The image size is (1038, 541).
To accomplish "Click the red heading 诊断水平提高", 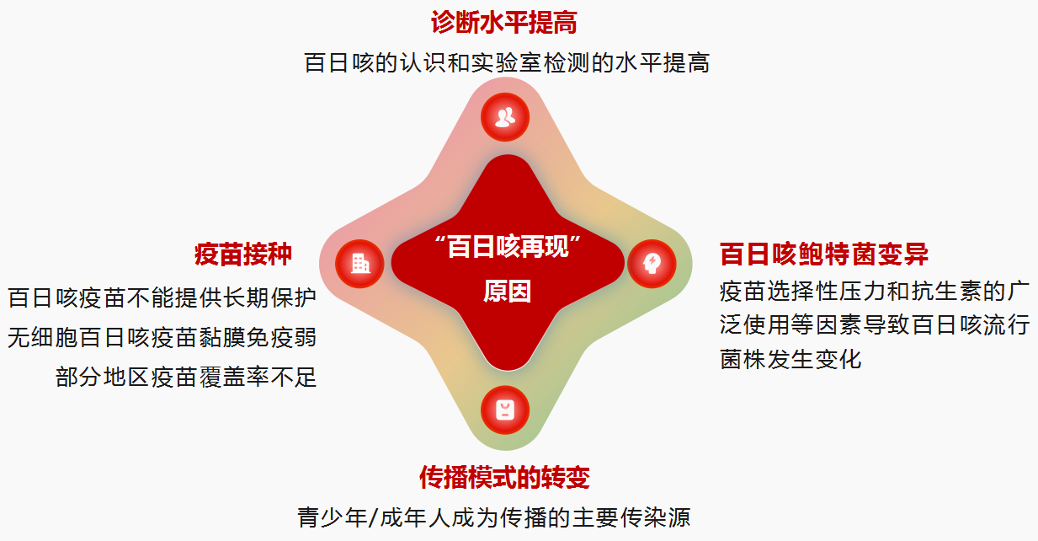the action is tap(504, 22).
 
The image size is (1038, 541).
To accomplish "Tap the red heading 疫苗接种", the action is tap(242, 254).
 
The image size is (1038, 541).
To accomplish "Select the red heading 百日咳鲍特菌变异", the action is tap(824, 254).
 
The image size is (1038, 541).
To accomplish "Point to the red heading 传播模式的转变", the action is tap(504, 478).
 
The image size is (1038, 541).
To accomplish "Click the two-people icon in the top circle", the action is tap(505, 117).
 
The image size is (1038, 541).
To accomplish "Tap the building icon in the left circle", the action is tap(360, 264).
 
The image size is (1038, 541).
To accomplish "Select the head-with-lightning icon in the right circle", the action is tap(652, 264).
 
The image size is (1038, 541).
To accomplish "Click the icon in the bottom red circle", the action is tap(505, 410).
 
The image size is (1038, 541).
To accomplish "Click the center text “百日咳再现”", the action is tap(508, 246).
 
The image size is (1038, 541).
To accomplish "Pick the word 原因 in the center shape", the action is tap(507, 292).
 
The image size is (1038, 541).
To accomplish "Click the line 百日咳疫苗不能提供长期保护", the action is tap(162, 297).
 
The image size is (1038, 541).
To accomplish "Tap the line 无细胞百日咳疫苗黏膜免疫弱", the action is tap(162, 337).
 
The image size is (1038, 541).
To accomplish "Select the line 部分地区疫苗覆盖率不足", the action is tap(186, 377).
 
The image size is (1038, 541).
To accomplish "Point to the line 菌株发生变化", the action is tap(790, 359).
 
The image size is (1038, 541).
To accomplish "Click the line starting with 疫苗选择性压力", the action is tap(874, 292).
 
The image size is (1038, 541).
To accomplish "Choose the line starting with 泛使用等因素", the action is tap(875, 324).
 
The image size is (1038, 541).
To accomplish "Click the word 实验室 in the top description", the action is tap(508, 62).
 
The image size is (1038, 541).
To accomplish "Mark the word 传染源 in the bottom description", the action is tap(655, 517).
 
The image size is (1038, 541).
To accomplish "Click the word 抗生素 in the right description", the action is tap(946, 292).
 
